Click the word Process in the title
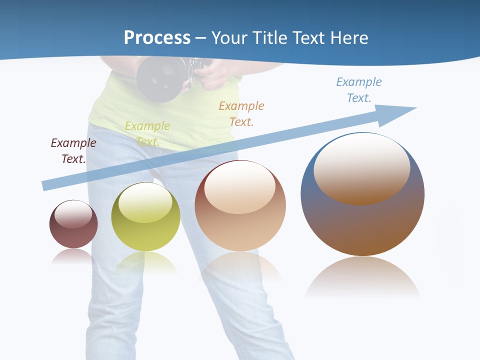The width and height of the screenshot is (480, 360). pyautogui.click(x=157, y=38)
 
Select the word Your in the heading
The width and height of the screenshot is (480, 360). pyautogui.click(x=228, y=38)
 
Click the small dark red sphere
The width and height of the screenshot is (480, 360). pyautogui.click(x=73, y=224)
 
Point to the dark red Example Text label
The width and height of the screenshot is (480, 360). pyautogui.click(x=73, y=151)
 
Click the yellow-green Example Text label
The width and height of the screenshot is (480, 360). pyautogui.click(x=147, y=133)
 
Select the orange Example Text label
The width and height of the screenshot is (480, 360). pyautogui.click(x=241, y=113)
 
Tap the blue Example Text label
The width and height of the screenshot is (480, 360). pyautogui.click(x=359, y=90)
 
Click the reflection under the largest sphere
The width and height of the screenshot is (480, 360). pyautogui.click(x=362, y=277)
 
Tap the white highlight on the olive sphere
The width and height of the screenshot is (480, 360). pyautogui.click(x=145, y=202)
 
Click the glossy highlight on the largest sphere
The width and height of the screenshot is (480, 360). pyautogui.click(x=361, y=167)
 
